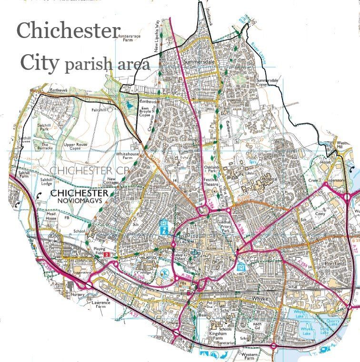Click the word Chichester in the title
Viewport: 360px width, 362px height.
pyautogui.click(x=68, y=31)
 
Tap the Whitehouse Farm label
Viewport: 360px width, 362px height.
pyautogui.click(x=128, y=157)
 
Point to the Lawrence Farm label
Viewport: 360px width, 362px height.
pyautogui.click(x=101, y=304)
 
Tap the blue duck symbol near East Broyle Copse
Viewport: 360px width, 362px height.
pyautogui.click(x=127, y=103)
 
